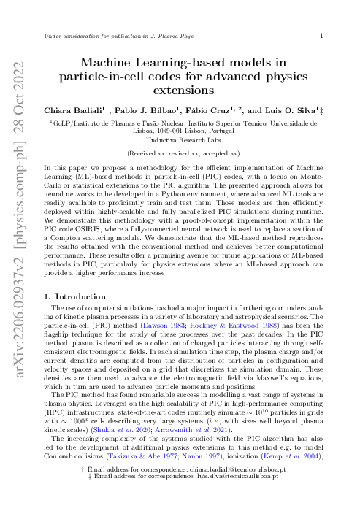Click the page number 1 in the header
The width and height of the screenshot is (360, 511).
[321, 34]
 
